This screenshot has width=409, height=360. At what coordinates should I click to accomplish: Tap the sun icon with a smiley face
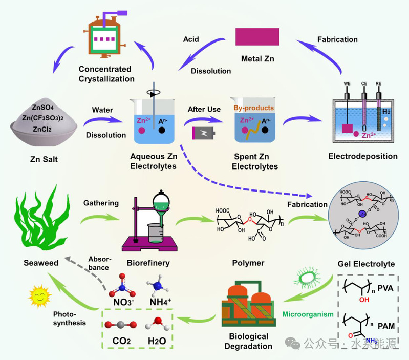click(x=38, y=296)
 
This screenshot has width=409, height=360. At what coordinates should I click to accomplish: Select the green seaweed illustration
click(x=40, y=221)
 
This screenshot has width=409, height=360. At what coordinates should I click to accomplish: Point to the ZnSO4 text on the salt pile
click(x=44, y=108)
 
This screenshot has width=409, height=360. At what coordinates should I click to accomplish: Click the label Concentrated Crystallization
click(x=105, y=74)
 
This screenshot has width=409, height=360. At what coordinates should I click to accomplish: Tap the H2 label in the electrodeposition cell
click(x=385, y=110)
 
